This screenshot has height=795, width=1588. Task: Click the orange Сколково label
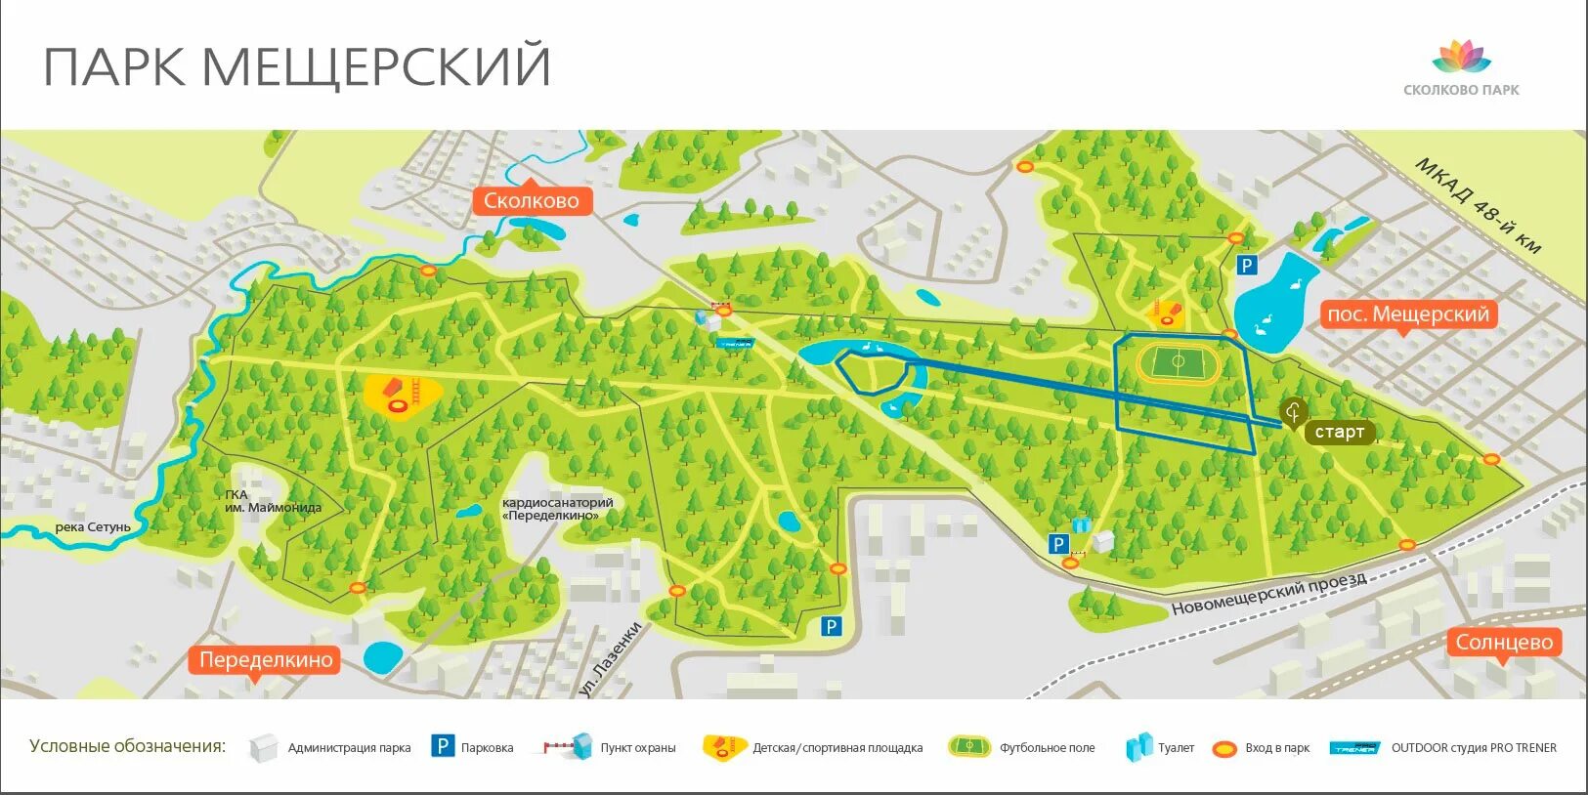click(x=532, y=200)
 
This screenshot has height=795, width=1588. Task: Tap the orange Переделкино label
click(x=266, y=659)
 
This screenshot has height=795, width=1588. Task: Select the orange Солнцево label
click(x=1504, y=642)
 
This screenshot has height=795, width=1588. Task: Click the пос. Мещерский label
click(x=1407, y=314)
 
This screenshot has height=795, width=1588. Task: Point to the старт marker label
click(x=1339, y=432)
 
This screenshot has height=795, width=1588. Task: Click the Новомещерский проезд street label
click(x=1268, y=594)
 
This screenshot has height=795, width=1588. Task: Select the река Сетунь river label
click(x=93, y=527)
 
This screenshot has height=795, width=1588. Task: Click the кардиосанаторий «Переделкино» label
click(x=557, y=509)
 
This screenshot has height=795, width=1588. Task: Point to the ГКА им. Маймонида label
click(x=271, y=501)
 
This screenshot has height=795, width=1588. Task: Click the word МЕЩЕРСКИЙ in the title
click(x=376, y=66)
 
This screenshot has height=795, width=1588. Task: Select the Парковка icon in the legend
click(x=443, y=747)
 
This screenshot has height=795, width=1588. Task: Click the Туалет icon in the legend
click(x=1138, y=747)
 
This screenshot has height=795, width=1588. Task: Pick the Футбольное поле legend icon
click(x=968, y=747)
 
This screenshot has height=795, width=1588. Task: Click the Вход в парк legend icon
click(x=1224, y=749)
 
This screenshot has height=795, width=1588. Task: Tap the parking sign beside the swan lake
click(x=1246, y=266)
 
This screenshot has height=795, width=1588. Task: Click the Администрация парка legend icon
click(x=264, y=748)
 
